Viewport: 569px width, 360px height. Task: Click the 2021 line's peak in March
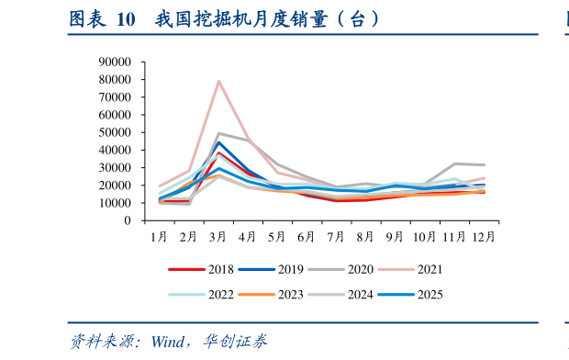[218, 81]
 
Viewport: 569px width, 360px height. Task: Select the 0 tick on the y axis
[129, 220]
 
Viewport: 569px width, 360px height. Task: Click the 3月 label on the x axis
[218, 236]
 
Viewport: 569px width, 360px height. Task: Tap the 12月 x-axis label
[484, 236]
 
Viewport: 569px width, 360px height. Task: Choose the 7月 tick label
[336, 236]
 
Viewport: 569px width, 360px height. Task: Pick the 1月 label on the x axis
[159, 236]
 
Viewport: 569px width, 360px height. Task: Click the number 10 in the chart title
[123, 17]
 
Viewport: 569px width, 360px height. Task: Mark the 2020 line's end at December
[484, 165]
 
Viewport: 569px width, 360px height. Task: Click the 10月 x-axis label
[424, 236]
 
